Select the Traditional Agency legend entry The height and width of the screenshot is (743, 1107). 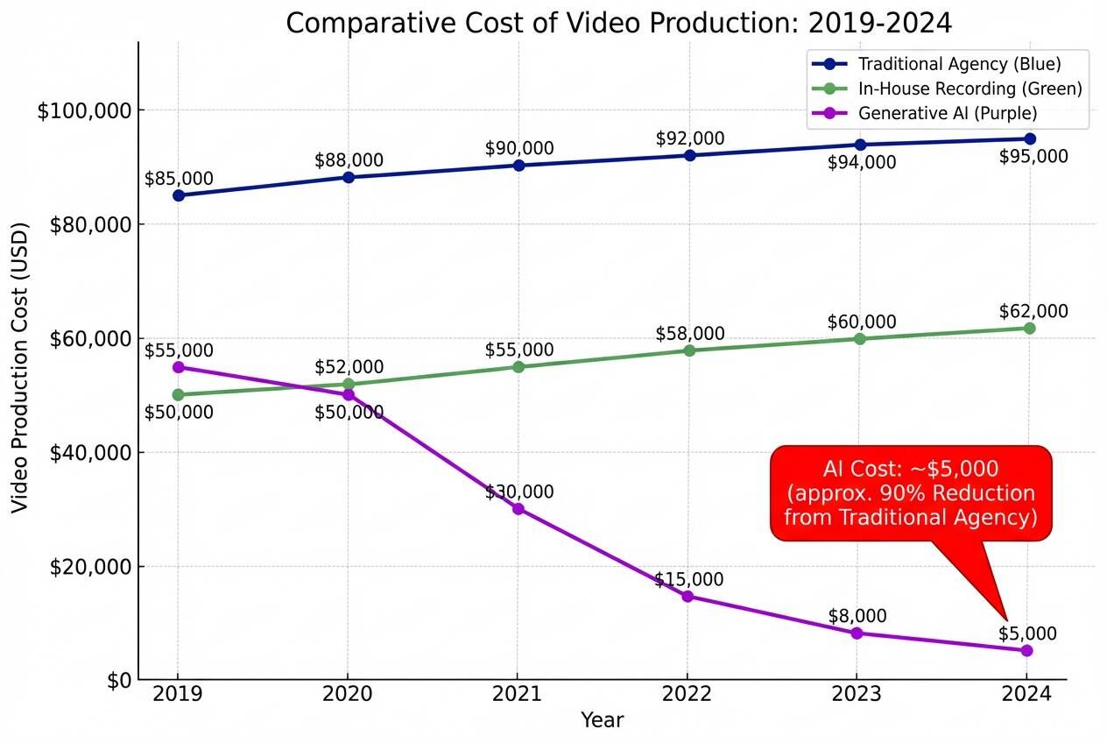(946, 64)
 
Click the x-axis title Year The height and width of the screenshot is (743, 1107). (603, 720)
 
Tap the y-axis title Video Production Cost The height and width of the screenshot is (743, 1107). (20, 368)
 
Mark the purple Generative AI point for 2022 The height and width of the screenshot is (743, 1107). (687, 597)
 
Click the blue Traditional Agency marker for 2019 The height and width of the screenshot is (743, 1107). (179, 195)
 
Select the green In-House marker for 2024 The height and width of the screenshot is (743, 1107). (1029, 328)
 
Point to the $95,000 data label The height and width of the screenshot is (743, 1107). (1033, 157)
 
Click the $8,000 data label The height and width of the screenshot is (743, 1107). (857, 616)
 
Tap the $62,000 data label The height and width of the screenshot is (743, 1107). (1033, 311)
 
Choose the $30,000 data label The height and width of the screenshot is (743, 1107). (519, 492)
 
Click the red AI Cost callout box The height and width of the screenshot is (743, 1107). (911, 493)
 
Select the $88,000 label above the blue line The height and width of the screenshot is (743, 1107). (349, 160)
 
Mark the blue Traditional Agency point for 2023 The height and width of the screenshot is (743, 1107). (860, 145)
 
